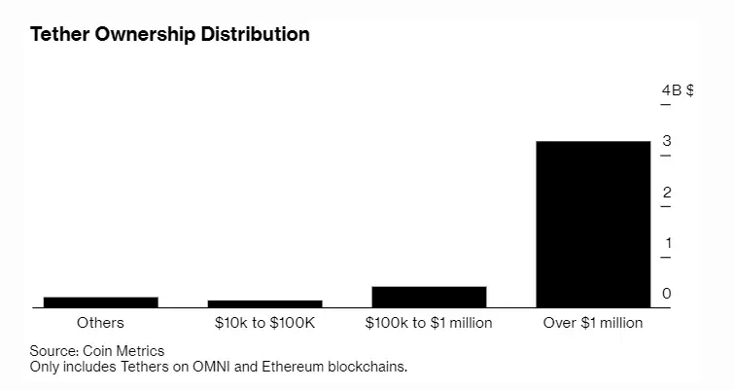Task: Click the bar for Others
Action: (101, 301)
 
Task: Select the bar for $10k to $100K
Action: (265, 303)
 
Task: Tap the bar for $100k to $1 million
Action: (429, 297)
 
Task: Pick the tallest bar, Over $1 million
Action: (593, 224)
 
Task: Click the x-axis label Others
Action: (100, 323)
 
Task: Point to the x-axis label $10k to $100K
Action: (265, 323)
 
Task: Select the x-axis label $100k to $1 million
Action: (429, 323)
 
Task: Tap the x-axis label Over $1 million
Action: (593, 323)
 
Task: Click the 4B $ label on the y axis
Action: (677, 90)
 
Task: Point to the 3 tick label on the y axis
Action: (666, 142)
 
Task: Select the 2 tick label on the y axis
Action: (666, 193)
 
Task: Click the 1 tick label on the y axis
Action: (666, 243)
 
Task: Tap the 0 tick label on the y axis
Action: (666, 294)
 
